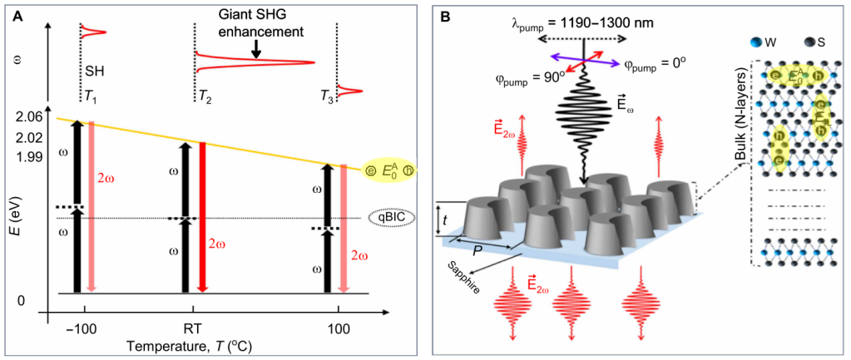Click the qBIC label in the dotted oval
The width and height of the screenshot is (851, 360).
point(388,218)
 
